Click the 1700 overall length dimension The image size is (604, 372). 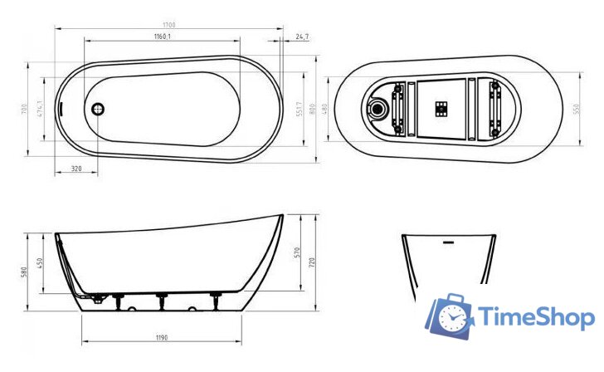(170, 26)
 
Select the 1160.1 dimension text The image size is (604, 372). (163, 37)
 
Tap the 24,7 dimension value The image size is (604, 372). (302, 37)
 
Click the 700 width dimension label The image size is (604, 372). (25, 109)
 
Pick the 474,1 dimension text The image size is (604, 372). (38, 108)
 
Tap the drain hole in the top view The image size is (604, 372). (98, 108)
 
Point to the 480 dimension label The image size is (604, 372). (326, 108)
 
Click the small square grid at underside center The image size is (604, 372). (441, 107)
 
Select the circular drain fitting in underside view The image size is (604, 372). (380, 108)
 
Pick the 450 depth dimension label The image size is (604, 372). (38, 264)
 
